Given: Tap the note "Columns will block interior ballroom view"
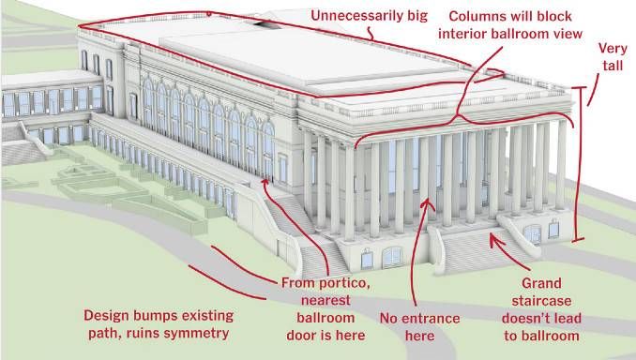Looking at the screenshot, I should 508,26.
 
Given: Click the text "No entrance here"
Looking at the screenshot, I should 419,327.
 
